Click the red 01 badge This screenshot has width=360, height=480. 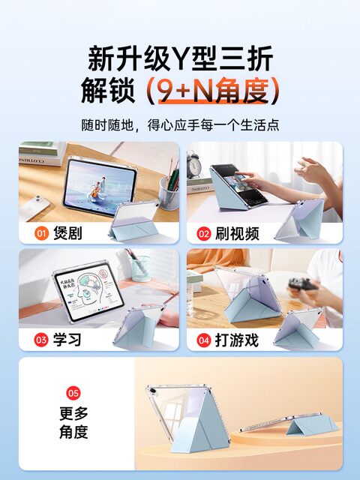pyautogui.click(x=41, y=233)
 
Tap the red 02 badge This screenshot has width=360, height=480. pyautogui.click(x=203, y=233)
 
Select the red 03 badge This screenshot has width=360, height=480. pyautogui.click(x=41, y=340)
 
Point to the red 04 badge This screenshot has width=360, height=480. pyautogui.click(x=203, y=340)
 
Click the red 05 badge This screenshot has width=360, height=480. pyautogui.click(x=73, y=393)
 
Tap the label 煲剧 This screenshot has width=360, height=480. pyautogui.click(x=67, y=233)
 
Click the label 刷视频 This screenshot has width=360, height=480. pyautogui.click(x=237, y=233)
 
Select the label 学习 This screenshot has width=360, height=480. pyautogui.click(x=67, y=340)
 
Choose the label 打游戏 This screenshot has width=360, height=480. pyautogui.click(x=237, y=340)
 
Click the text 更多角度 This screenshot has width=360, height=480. pyautogui.click(x=73, y=423)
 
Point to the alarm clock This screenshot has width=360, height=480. pyautogui.click(x=193, y=164)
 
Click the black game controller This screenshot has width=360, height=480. pyautogui.click(x=302, y=284)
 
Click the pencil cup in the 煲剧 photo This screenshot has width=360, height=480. pyautogui.click(x=169, y=193)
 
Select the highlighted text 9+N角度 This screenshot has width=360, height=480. pyautogui.click(x=213, y=90)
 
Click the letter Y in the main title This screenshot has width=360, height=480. pyautogui.click(x=181, y=58)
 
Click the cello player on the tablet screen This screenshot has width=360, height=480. pyautogui.click(x=97, y=187)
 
